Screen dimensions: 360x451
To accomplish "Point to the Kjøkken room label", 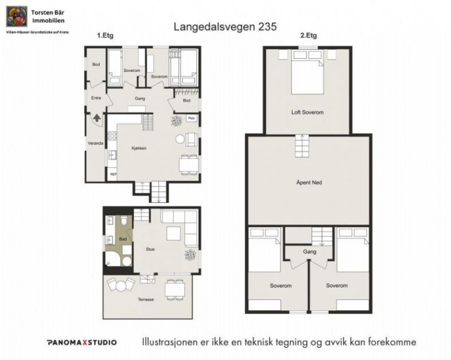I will point(139,148).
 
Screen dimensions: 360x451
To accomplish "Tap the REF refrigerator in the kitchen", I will point(113,174).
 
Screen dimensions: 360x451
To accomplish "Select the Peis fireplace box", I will point(192,118).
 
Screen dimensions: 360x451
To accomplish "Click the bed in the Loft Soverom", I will point(308,75).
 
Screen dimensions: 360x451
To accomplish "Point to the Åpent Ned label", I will point(309,182).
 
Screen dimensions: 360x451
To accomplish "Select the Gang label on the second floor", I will point(309,251).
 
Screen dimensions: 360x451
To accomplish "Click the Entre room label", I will point(96,97).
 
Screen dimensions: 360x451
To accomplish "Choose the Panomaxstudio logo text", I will point(82,343).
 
